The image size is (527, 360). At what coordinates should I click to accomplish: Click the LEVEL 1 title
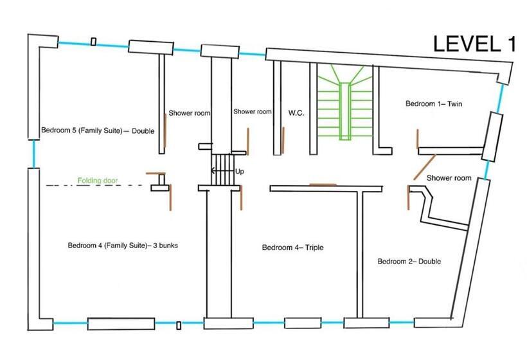(x=474, y=43)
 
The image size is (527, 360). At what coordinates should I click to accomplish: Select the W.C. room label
(x=296, y=113)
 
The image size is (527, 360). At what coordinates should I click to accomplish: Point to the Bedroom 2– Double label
(x=409, y=261)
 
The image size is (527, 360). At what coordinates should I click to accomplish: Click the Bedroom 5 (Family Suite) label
(x=98, y=130)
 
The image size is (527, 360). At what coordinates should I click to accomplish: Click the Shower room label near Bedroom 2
(x=449, y=177)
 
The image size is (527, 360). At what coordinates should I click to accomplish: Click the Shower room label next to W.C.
(x=252, y=111)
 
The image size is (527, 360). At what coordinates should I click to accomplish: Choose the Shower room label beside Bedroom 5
(x=189, y=113)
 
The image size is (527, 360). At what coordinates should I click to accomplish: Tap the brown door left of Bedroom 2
(x=408, y=197)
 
